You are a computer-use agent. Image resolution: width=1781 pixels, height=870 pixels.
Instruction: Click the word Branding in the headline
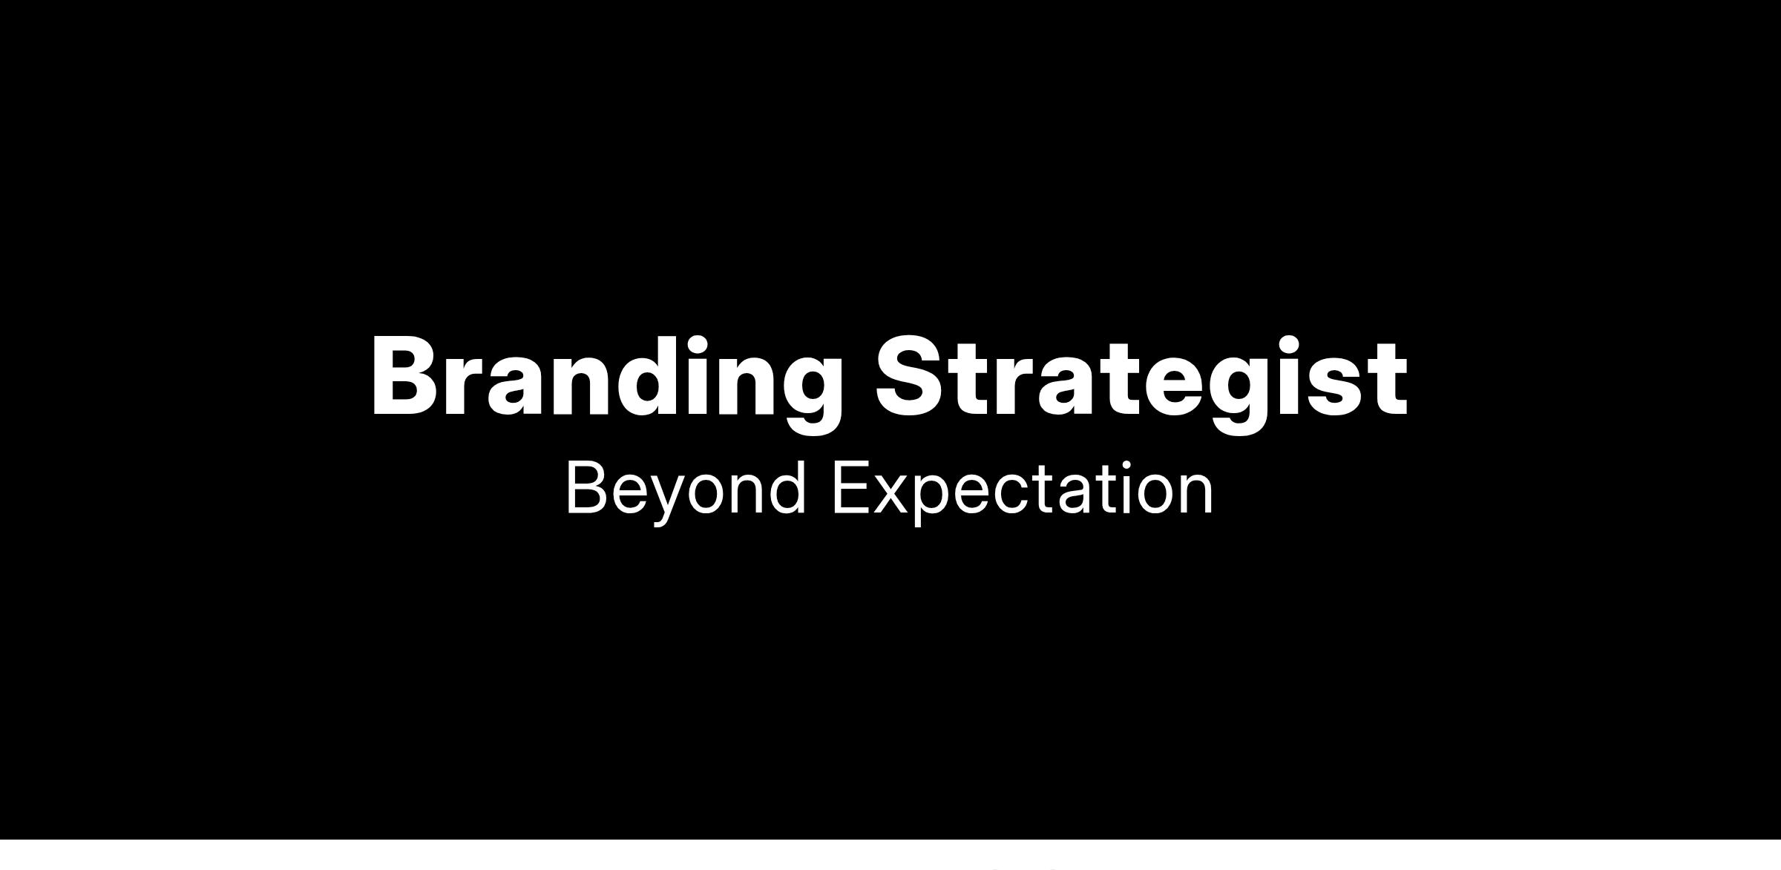click(x=606, y=383)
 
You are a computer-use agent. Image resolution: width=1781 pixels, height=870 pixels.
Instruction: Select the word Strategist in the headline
click(x=1141, y=383)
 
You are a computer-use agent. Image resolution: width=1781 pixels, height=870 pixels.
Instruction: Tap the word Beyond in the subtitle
click(x=685, y=491)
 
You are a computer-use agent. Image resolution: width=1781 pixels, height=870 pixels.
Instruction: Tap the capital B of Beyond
click(x=588, y=487)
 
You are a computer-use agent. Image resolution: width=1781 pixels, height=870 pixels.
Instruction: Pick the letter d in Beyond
click(x=786, y=487)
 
